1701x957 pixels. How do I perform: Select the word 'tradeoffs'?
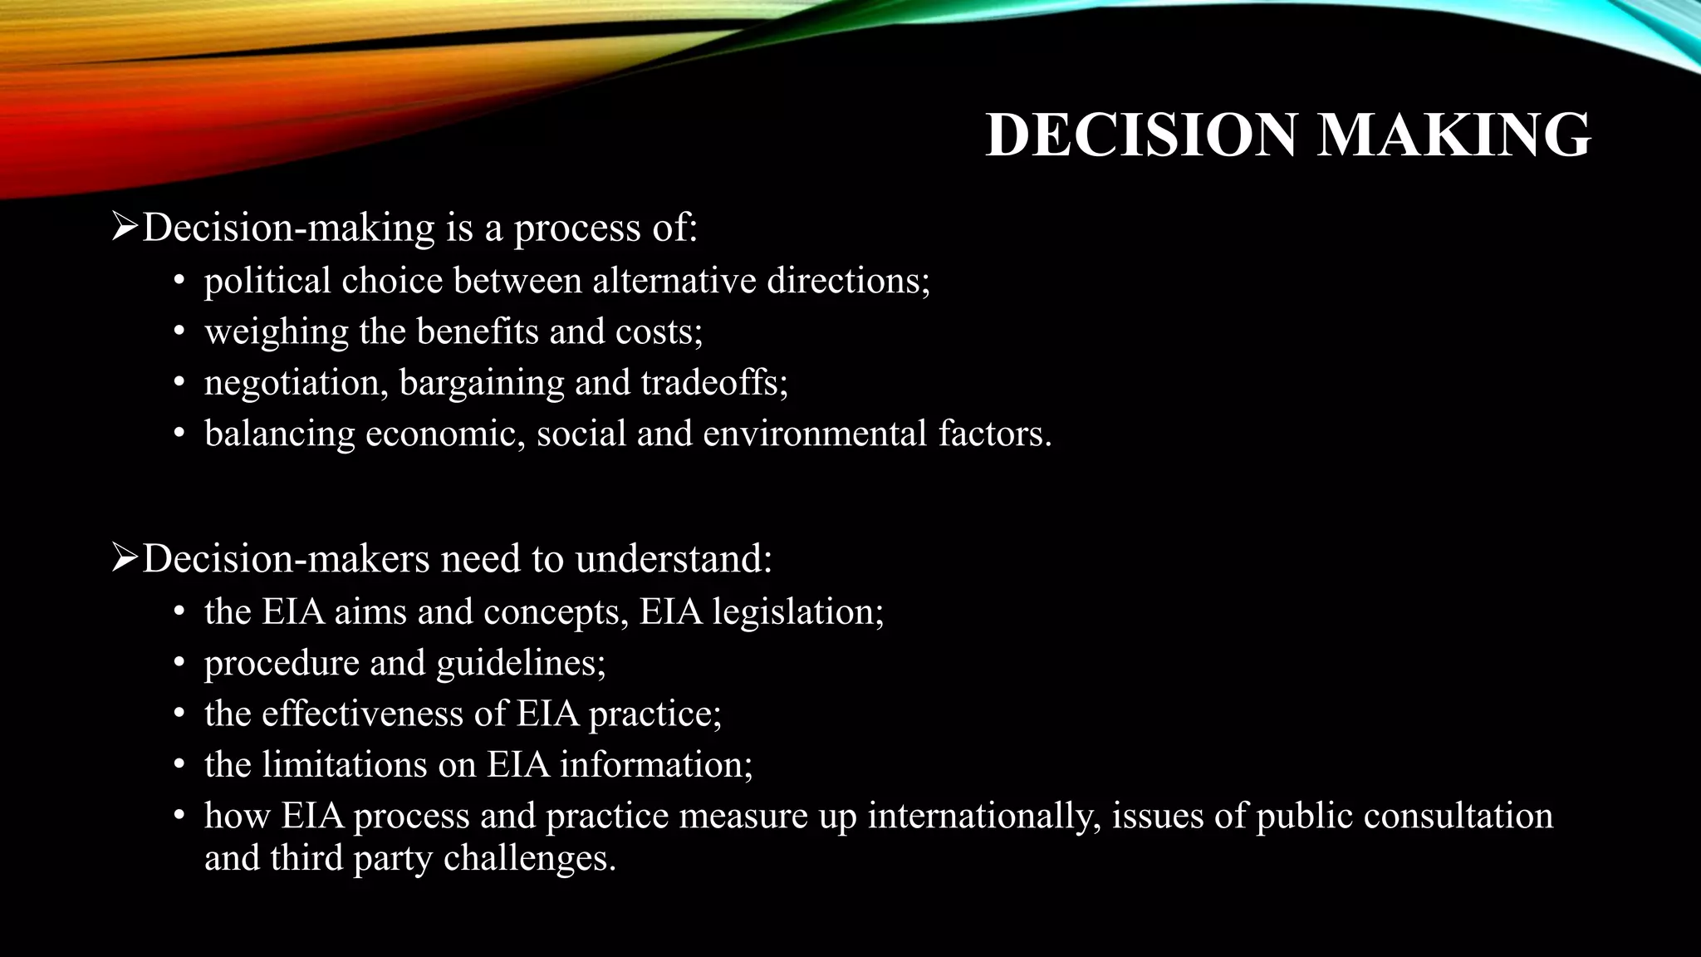713,383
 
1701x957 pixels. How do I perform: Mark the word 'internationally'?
984,816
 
